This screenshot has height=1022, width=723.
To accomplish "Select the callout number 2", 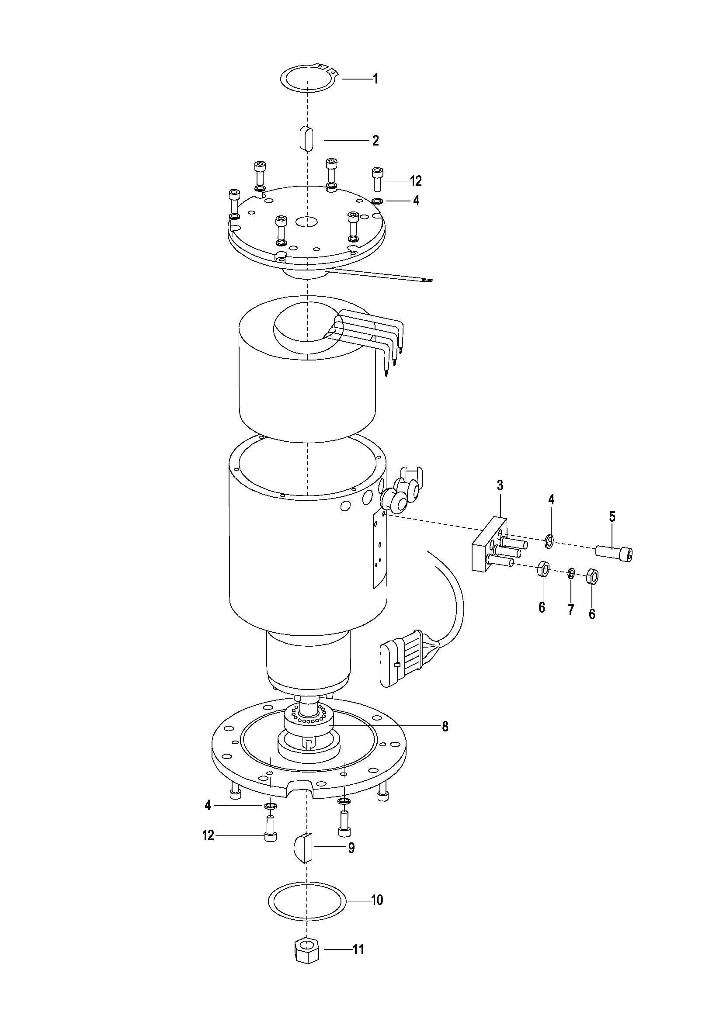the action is [x=375, y=141].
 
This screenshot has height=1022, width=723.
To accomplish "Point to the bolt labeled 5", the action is [x=614, y=553].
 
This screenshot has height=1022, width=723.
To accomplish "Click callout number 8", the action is [x=445, y=727].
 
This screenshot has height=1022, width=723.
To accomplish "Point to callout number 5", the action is [x=612, y=517].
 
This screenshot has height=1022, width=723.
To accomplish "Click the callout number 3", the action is [x=500, y=485].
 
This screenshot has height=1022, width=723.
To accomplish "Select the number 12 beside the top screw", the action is [x=415, y=181].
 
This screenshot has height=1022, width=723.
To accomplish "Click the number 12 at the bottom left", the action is [x=208, y=835].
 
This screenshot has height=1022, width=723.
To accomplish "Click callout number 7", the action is [x=571, y=610].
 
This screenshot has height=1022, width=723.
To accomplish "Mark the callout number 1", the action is [x=375, y=79].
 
